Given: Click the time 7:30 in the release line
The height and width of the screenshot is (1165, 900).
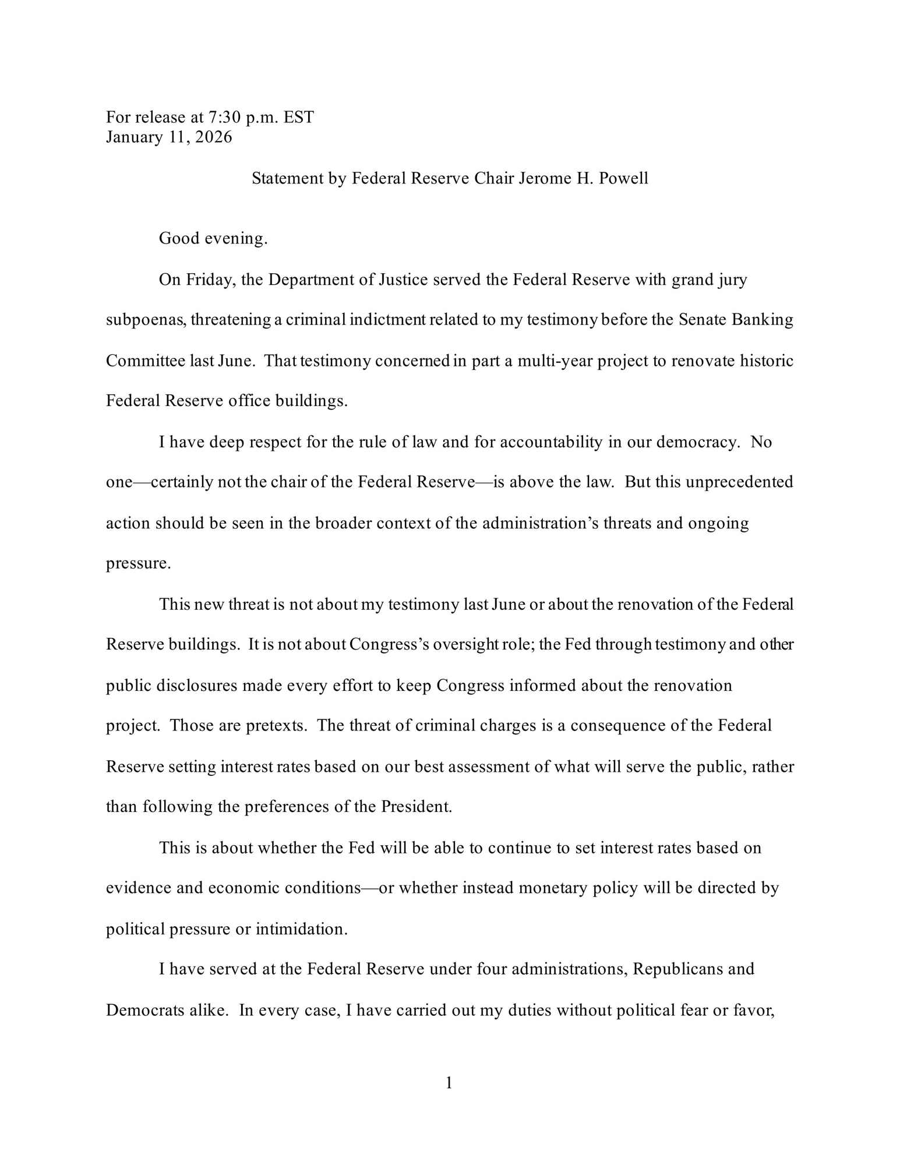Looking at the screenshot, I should (x=221, y=118).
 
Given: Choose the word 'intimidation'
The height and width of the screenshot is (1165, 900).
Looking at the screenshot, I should (x=301, y=929).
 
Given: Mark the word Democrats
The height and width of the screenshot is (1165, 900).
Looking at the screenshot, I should (x=146, y=1010).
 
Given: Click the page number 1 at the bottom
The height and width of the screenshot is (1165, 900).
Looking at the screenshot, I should (x=449, y=1083).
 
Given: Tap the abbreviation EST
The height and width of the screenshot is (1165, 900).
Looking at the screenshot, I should (x=299, y=118).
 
